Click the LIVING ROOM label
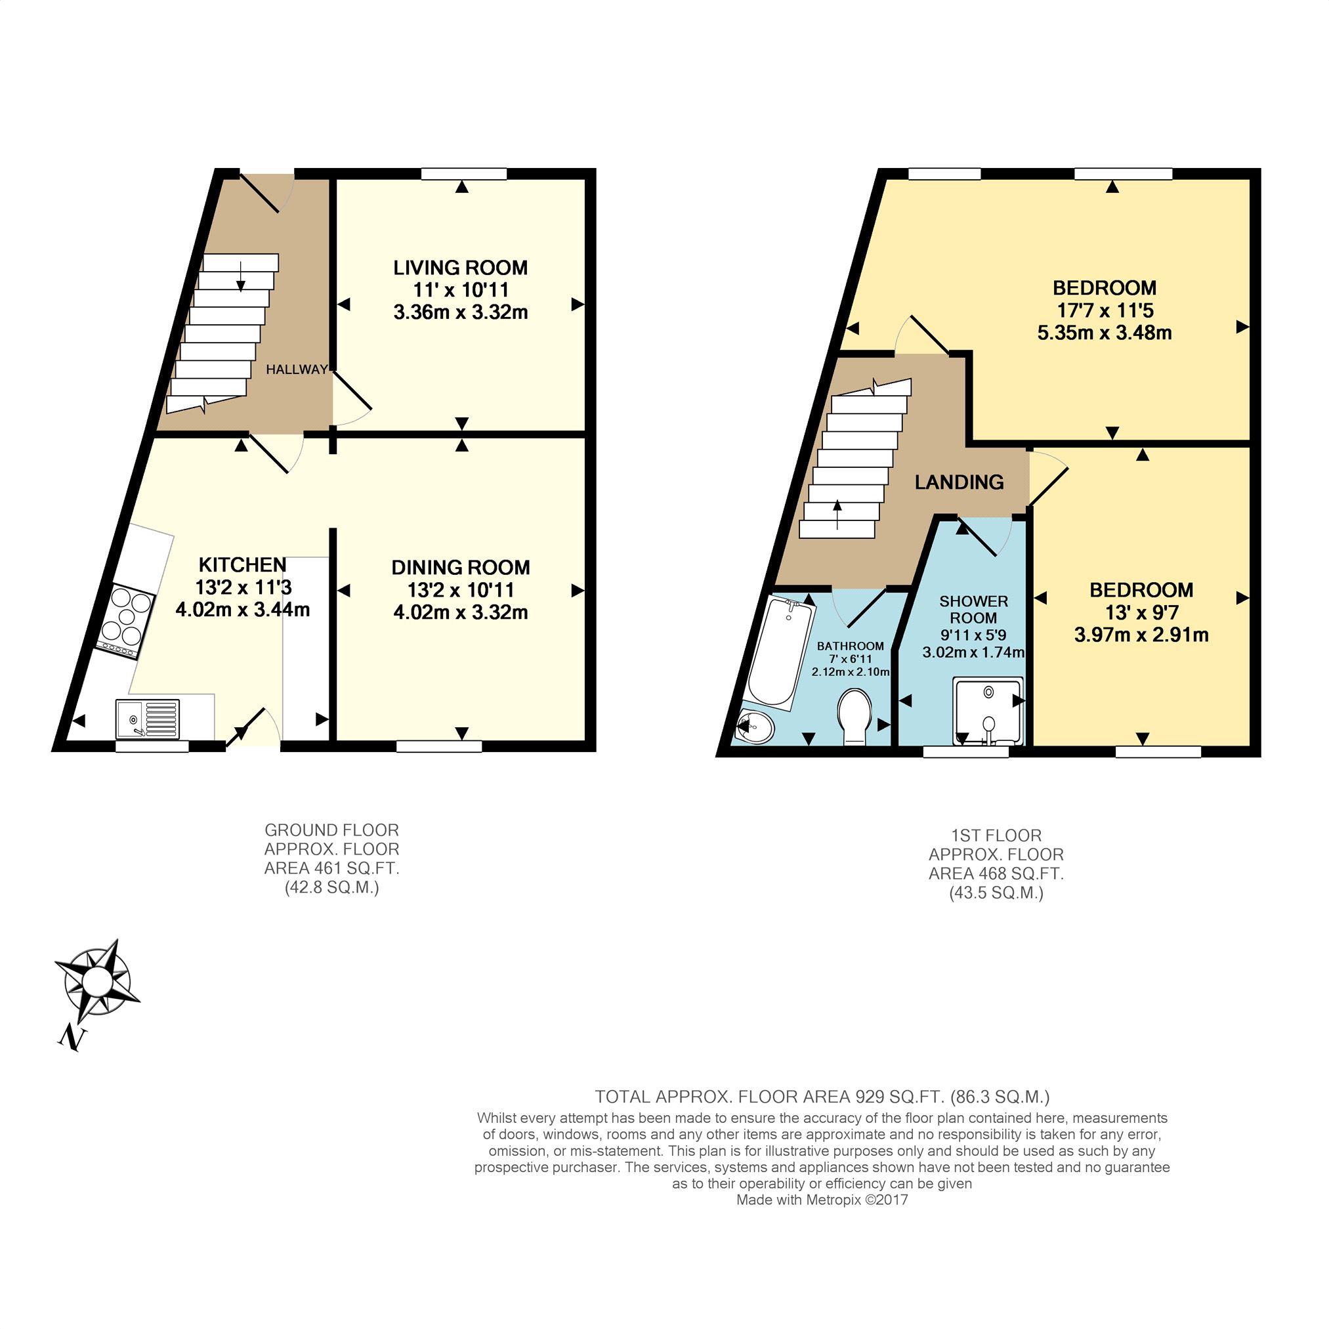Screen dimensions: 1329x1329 click(x=460, y=268)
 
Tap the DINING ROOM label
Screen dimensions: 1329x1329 click(x=460, y=568)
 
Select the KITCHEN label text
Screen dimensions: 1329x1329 click(x=242, y=565)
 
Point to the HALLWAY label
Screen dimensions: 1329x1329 click(x=297, y=369)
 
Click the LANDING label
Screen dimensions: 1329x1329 click(x=959, y=482)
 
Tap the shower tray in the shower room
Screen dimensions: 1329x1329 click(x=988, y=711)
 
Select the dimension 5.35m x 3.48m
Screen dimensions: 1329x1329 click(x=1104, y=333)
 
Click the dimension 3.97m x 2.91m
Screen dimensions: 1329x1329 click(x=1141, y=634)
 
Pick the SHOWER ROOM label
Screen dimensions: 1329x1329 click(x=973, y=610)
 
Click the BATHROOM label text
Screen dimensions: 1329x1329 click(x=850, y=646)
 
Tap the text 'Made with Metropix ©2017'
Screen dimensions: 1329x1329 click(x=822, y=1200)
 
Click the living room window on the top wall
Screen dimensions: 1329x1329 click(x=463, y=174)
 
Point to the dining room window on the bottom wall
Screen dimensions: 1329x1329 click(x=439, y=746)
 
